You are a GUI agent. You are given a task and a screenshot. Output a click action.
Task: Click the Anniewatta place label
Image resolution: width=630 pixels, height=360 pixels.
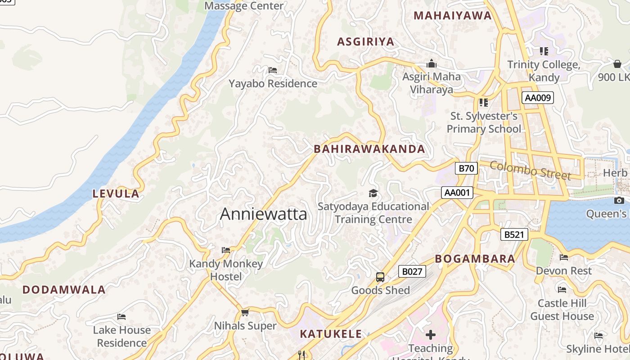coord(263,214)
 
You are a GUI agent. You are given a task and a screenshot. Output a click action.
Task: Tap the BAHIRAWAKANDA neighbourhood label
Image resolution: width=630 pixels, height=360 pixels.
coord(369,149)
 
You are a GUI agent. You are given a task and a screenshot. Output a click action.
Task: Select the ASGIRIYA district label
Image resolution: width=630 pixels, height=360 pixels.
coord(365,42)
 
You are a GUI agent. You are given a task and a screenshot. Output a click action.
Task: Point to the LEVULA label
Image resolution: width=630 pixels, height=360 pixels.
coord(116,194)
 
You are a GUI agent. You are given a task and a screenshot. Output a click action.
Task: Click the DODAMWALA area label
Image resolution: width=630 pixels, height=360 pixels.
coord(64,290)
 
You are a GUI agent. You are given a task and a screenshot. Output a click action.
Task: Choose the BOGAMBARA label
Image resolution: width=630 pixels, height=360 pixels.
coord(475,259)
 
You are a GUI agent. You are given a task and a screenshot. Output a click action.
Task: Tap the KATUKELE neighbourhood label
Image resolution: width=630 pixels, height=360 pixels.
coord(331,334)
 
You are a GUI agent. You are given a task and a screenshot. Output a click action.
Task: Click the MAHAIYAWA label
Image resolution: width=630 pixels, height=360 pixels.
coord(452,16)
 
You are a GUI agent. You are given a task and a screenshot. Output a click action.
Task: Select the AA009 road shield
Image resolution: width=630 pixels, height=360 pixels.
coord(537,98)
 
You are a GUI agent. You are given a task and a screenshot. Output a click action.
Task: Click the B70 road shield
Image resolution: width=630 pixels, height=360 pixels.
coord(466,168)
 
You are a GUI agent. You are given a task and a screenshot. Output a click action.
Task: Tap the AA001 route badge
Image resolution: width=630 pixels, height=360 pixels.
coord(457,193)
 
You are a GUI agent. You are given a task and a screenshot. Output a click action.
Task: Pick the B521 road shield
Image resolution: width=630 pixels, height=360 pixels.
coord(514,234)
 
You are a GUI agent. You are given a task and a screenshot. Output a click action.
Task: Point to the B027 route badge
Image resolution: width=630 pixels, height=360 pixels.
coord(412,271)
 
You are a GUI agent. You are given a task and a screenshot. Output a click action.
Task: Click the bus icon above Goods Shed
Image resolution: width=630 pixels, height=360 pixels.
coord(380,277)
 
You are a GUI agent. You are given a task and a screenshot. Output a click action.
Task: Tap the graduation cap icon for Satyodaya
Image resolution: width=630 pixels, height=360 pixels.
coord(373,193)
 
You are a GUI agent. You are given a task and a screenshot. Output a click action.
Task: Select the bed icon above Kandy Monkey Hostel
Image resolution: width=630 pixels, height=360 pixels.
coord(226,250)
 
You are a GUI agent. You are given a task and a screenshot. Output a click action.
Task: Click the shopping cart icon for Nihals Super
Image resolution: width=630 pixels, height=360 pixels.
coord(245,312)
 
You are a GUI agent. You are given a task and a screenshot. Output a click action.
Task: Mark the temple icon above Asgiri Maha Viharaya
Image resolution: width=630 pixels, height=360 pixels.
coord(432,63)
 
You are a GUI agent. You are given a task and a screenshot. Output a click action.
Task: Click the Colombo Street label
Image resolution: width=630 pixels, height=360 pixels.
coord(530,171)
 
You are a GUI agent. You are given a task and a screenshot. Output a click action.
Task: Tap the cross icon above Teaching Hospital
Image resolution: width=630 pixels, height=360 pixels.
coord(431,335)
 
